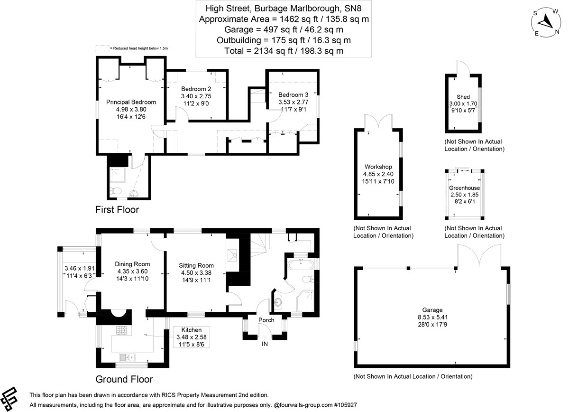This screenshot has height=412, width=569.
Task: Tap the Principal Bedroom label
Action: (131, 102)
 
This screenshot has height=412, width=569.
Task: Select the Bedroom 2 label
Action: (196, 89)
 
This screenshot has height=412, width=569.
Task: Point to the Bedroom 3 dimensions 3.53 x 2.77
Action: (293, 102)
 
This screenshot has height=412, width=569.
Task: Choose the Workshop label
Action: (378, 167)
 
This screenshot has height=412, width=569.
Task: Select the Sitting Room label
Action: (196, 265)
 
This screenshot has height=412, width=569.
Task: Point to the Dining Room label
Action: (133, 264)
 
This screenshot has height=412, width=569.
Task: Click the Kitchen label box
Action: (191, 337)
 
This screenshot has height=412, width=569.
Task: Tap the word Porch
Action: (266, 320)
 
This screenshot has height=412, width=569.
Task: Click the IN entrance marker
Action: (265, 343)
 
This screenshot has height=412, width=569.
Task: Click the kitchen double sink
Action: (128, 357)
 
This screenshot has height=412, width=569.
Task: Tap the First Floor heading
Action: (117, 209)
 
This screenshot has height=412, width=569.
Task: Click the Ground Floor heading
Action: (124, 379)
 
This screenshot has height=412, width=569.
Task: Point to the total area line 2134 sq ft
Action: (284, 50)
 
